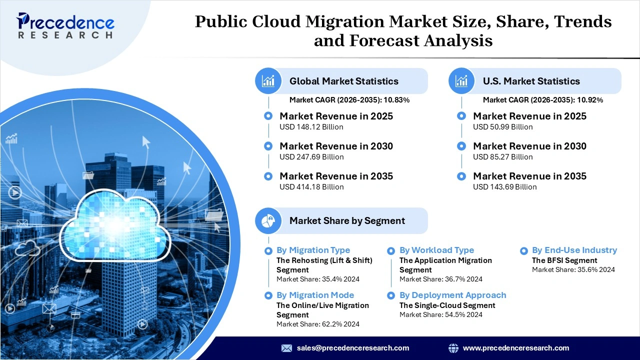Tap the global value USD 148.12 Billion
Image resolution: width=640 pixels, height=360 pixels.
pyautogui.click(x=311, y=127)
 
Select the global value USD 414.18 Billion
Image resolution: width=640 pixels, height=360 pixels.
pyautogui.click(x=311, y=187)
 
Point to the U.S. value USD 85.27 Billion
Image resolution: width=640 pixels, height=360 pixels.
pyautogui.click(x=503, y=157)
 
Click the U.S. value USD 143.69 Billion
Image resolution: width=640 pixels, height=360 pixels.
pyautogui.click(x=504, y=187)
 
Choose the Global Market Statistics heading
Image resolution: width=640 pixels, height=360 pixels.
pyautogui.click(x=344, y=81)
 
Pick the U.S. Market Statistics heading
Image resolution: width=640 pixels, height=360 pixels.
pyautogui.click(x=531, y=81)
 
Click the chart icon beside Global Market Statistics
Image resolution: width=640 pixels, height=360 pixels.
pyautogui.click(x=268, y=81)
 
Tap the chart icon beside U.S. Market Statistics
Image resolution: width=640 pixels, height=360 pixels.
pyautogui.click(x=461, y=81)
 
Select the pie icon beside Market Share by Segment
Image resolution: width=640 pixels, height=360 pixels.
pyautogui.click(x=268, y=220)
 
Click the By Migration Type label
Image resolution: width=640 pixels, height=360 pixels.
pyautogui.click(x=313, y=250)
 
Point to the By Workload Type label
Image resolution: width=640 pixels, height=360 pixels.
pyautogui.click(x=436, y=250)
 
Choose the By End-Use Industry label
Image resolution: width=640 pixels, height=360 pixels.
pyautogui.click(x=574, y=250)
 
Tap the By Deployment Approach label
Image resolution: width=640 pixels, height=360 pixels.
pyautogui.click(x=452, y=295)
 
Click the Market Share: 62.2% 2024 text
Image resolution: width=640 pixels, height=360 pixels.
pyautogui.click(x=318, y=324)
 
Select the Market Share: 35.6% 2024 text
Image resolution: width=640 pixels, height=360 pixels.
pyautogui.click(x=573, y=269)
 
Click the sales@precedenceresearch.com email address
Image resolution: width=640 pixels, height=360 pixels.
pyautogui.click(x=352, y=348)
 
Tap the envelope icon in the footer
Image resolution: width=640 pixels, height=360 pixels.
pyautogui.click(x=286, y=348)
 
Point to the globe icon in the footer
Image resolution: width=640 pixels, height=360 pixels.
pyautogui.click(x=453, y=348)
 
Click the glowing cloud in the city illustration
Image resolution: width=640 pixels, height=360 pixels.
pyautogui.click(x=115, y=227)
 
